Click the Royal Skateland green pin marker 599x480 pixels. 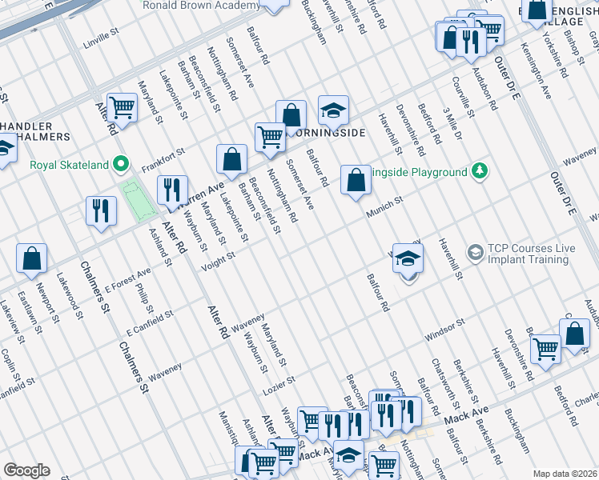click(122, 165)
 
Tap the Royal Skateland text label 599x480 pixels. click(69, 166)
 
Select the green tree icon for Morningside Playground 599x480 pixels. click(480, 171)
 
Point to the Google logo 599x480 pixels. click(26, 470)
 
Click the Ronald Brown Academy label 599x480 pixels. click(200, 6)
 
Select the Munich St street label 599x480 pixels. click(384, 210)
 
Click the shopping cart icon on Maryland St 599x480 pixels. click(123, 106)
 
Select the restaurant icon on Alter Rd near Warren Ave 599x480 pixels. click(172, 190)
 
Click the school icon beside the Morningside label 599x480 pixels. click(333, 110)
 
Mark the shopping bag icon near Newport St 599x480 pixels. click(31, 258)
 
